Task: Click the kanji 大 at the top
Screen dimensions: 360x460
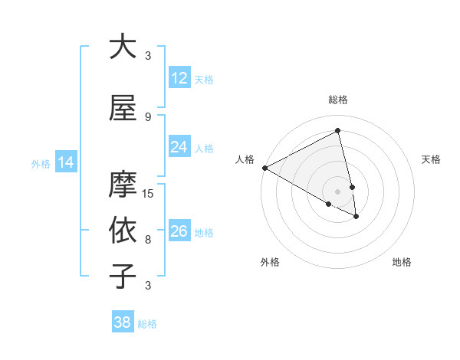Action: tap(123, 46)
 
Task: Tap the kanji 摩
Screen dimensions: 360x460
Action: tap(123, 184)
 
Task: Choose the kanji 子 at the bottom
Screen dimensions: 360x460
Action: tap(123, 276)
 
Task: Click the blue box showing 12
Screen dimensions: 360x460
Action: tap(179, 78)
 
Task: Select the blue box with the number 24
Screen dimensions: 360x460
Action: tap(179, 147)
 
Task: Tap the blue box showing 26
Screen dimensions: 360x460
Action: tap(179, 231)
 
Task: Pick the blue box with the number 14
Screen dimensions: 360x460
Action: tap(66, 162)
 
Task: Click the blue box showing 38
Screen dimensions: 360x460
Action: tap(123, 323)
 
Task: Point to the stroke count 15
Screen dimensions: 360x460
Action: tap(149, 193)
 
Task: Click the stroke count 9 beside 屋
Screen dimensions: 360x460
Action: tap(148, 116)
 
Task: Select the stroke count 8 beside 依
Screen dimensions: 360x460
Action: tap(148, 240)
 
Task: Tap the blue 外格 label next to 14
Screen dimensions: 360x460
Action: tap(41, 163)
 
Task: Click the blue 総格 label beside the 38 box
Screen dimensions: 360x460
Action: tap(148, 324)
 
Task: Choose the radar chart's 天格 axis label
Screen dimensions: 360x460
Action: tap(431, 159)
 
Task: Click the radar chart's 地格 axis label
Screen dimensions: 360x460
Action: tap(402, 262)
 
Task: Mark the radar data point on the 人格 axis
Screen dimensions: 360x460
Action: tap(264, 168)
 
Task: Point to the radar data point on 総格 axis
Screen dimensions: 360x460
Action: tap(337, 130)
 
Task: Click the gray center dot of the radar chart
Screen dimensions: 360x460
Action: tap(337, 191)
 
